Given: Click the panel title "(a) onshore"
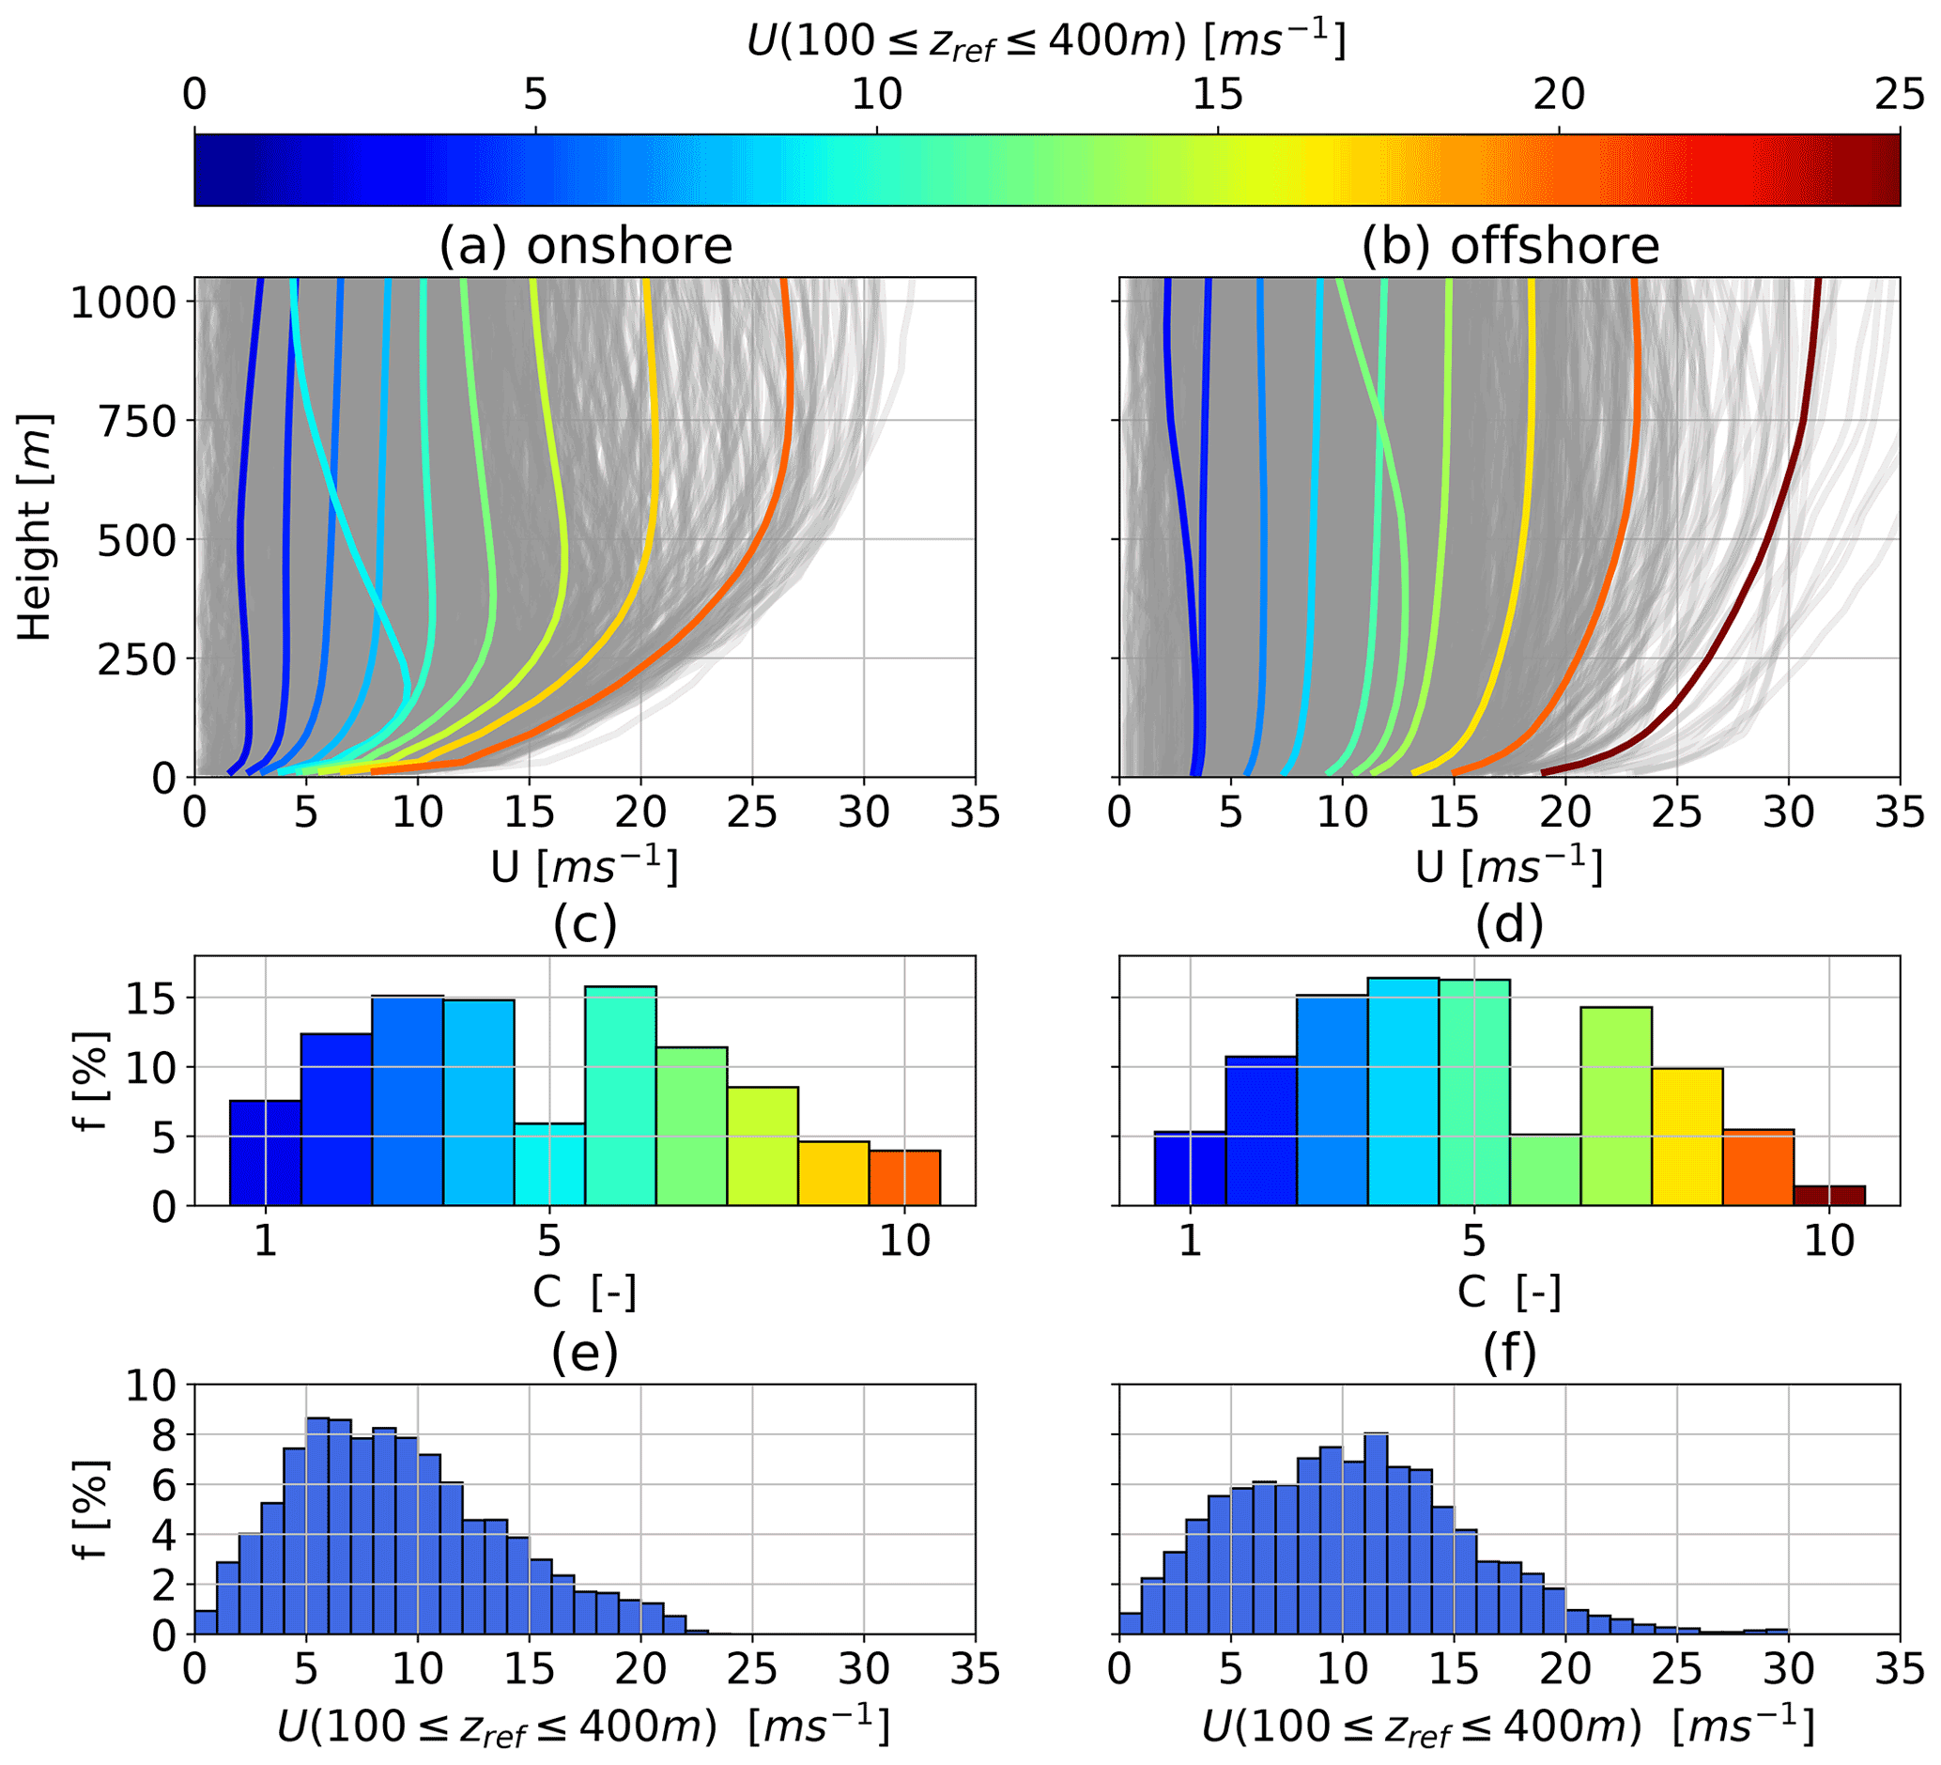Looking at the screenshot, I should coord(585,245).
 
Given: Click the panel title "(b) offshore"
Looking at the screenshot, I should coord(1510,245).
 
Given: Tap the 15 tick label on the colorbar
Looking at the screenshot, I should coord(1217,94).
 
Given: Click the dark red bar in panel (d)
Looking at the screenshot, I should coord(1829,1195).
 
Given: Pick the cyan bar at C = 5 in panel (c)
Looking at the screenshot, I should coord(548,1164).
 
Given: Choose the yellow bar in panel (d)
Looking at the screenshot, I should coord(1687,1137).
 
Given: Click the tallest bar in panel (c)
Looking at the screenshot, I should coord(620,1096).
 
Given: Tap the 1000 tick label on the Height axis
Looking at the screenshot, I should coord(123,302).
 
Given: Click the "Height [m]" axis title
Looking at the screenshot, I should coord(36,528).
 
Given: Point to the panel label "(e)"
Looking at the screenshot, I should coord(584,1354).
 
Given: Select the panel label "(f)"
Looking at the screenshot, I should coord(1510,1354).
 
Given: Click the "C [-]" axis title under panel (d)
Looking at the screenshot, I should coord(1509,1292).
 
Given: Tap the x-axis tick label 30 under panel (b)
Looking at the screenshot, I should coord(1788,813).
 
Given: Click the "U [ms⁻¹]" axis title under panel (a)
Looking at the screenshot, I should coord(584,867).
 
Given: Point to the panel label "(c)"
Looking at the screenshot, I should coord(584,924).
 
